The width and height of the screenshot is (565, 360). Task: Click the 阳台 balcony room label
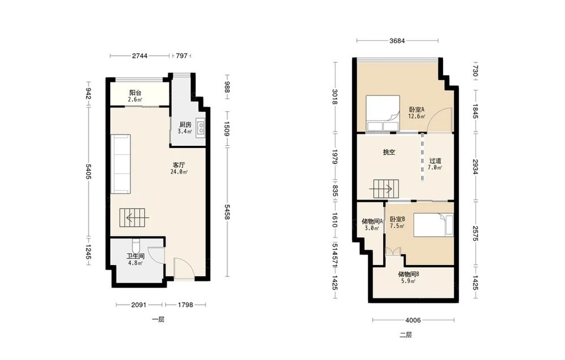(x=135, y=93)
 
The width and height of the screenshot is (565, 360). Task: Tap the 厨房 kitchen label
(x=185, y=125)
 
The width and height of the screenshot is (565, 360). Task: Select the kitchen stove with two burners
(x=201, y=129)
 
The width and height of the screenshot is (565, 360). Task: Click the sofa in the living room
(x=121, y=164)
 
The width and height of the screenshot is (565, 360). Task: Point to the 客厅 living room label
(x=179, y=165)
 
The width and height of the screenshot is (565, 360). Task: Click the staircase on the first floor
(x=134, y=218)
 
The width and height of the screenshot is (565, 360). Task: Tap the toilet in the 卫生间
(x=136, y=246)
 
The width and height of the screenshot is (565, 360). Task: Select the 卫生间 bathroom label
(x=135, y=256)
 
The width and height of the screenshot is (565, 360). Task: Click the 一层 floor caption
(x=158, y=319)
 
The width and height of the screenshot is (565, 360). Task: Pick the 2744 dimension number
(x=140, y=55)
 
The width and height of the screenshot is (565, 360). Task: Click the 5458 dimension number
(x=227, y=212)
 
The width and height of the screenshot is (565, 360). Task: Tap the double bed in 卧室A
(x=383, y=113)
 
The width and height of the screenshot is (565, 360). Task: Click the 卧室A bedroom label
(x=416, y=109)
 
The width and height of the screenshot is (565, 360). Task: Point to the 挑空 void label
(x=389, y=153)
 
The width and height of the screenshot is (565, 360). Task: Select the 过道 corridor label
(x=435, y=161)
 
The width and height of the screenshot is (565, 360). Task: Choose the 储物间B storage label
(x=408, y=274)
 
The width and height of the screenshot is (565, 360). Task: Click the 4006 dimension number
(x=413, y=320)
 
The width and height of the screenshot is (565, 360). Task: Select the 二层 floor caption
(x=405, y=335)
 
